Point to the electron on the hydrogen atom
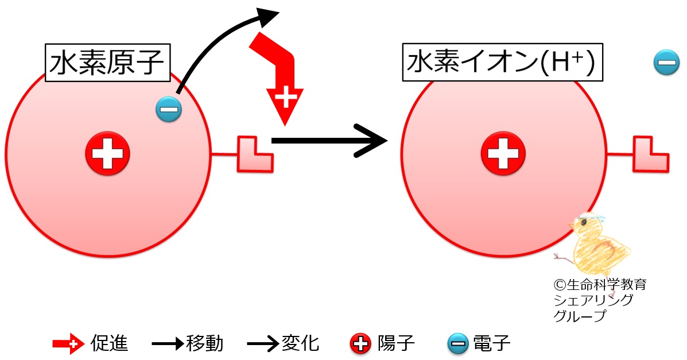tap(169, 109)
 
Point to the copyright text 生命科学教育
tap(600, 285)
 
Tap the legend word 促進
tap(109, 344)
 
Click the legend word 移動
tap(205, 344)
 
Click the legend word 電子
tap(492, 344)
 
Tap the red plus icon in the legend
tap(360, 344)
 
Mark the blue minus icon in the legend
tap(457, 344)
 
